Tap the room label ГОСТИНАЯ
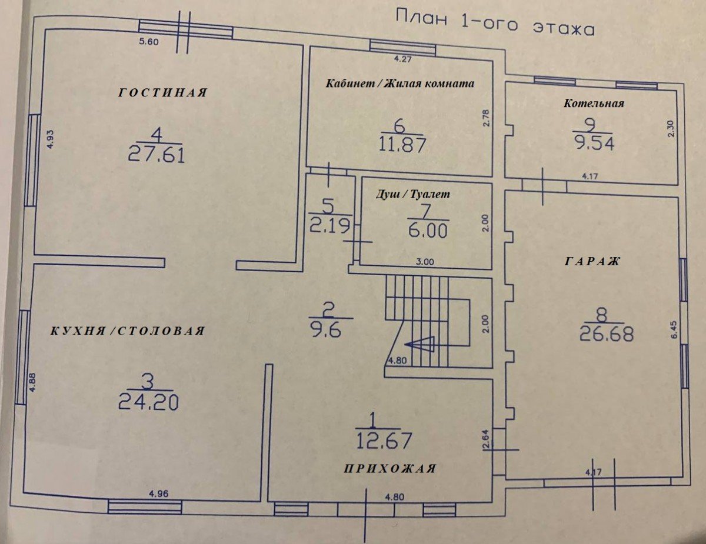(x=162, y=93)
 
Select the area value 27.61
(x=156, y=155)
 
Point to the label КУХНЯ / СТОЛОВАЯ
(x=128, y=331)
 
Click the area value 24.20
(x=148, y=403)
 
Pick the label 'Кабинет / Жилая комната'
(x=400, y=84)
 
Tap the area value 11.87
(x=402, y=145)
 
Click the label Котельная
(x=594, y=104)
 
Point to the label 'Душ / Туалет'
(x=413, y=194)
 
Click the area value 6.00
(x=428, y=231)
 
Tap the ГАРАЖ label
(x=592, y=261)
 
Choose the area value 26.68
(x=607, y=333)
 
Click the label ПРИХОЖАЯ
(x=390, y=469)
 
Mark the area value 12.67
(x=384, y=440)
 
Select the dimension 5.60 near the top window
(x=149, y=42)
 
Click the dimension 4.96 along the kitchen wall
(x=158, y=494)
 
